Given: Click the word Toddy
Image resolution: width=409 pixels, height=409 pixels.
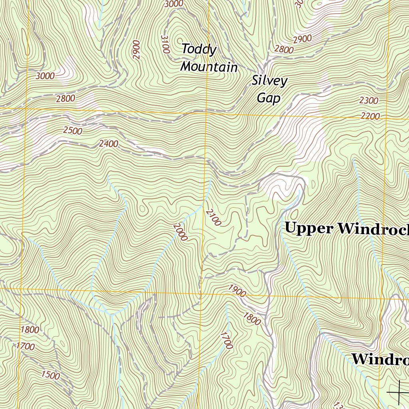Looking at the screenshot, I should [199, 50].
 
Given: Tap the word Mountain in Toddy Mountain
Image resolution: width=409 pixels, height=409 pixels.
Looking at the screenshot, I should [208, 67].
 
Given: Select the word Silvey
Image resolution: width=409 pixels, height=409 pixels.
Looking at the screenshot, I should [269, 81].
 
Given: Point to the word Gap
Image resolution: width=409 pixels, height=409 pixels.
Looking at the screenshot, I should [268, 98].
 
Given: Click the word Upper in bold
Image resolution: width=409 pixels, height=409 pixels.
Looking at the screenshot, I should [309, 228].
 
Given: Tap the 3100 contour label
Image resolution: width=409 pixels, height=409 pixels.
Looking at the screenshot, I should [165, 44].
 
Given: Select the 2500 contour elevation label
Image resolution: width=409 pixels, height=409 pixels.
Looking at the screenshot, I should [73, 131].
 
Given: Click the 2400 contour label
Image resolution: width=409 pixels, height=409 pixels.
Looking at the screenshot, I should [109, 143].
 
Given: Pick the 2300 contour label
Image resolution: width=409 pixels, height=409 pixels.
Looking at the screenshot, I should [369, 101].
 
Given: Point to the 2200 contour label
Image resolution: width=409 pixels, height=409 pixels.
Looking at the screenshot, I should [370, 116].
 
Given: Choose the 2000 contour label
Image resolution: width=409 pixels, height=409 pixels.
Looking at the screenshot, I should [181, 232].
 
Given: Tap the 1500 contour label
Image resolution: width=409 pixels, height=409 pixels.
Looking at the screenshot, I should [50, 375].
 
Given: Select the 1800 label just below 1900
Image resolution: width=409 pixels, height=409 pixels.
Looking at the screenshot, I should [252, 319].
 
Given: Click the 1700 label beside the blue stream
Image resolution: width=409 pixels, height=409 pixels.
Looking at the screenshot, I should [226, 340].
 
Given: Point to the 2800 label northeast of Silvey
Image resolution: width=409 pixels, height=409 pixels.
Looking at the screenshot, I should [284, 50].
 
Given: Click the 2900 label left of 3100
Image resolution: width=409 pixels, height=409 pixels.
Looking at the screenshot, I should [137, 50].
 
